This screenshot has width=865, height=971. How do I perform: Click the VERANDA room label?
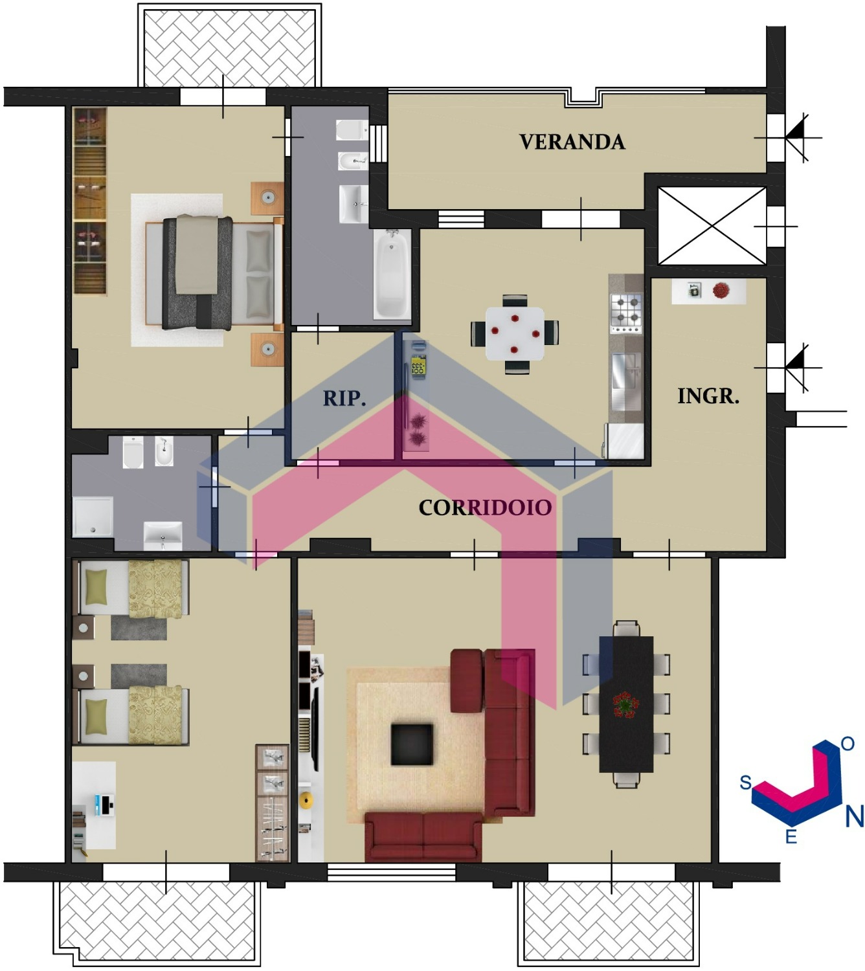pos(572,142)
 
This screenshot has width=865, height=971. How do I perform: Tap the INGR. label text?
pos(708,396)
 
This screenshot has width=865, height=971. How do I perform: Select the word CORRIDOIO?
pos(485,508)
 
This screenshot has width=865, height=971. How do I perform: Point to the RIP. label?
pos(344,398)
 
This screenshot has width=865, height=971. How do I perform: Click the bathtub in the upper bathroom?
pos(392,274)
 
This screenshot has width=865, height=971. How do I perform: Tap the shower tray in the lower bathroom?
pos(93,517)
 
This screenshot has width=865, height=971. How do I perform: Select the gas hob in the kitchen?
pos(625,313)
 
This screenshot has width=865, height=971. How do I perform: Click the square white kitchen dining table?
pos(515,333)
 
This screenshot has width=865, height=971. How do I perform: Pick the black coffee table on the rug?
pos(411,744)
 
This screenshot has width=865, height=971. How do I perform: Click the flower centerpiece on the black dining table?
pos(625,705)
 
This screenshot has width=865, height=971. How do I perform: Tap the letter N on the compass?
pos(854,816)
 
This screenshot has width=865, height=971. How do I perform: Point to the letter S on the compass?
pos(746,783)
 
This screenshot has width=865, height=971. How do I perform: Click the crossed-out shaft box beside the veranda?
pos(712,226)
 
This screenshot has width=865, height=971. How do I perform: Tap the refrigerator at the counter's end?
pos(623,441)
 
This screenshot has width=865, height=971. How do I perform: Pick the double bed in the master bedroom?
pos(214,273)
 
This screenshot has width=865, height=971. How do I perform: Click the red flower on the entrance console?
pos(720,291)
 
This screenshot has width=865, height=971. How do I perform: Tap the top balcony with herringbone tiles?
pos(230,47)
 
